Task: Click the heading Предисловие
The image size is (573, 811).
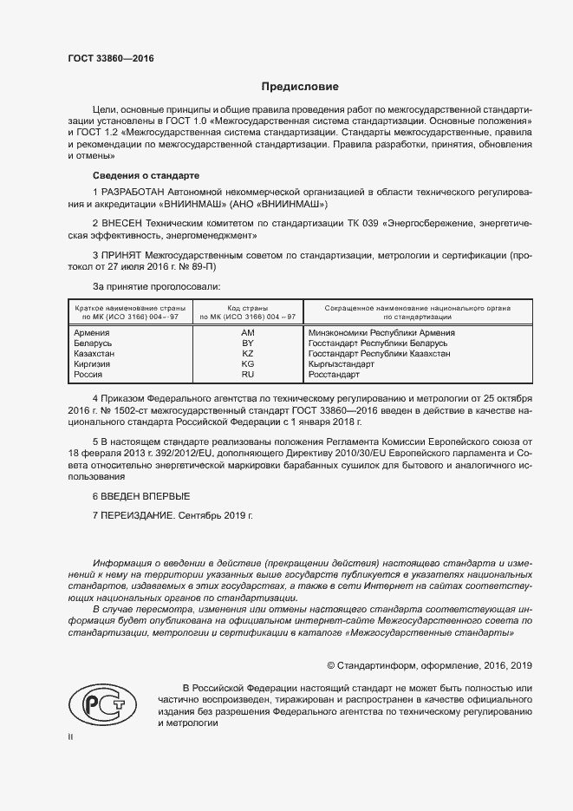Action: pos(300,87)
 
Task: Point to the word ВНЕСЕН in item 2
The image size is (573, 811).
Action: pos(120,224)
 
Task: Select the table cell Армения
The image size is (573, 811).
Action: pos(91,333)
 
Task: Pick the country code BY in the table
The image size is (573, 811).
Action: pos(247,343)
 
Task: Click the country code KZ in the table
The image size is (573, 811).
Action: pos(247,354)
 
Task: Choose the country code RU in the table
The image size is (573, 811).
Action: pos(247,375)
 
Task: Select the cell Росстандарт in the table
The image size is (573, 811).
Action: pos(334,375)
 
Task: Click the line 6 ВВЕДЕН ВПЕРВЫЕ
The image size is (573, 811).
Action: pos(140,496)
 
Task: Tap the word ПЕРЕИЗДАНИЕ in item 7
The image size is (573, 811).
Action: pos(137,515)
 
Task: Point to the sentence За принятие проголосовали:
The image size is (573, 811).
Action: pos(156,285)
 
